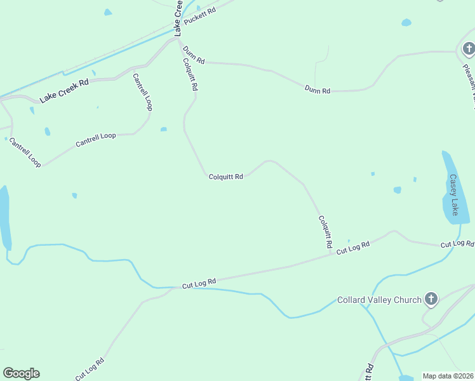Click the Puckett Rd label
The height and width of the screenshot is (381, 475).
pos(199,21)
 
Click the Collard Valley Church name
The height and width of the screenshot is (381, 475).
pos(379,300)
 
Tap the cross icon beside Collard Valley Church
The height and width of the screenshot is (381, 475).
pos(431,299)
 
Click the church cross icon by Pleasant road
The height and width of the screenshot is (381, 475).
pos(468,48)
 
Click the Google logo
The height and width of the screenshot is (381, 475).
pos(21,373)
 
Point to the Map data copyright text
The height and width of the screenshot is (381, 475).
pos(448,376)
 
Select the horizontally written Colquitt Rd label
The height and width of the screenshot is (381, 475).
pos(226,177)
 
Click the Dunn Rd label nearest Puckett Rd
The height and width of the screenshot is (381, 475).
pos(193,55)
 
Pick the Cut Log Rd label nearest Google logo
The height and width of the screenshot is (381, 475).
pos(90,370)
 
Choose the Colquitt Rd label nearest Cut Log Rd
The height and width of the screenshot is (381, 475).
pos(326,232)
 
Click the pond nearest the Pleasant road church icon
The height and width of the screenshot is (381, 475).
pos(406,23)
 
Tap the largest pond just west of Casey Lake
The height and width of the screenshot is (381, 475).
pos(398,190)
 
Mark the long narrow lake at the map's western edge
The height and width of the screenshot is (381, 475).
pos(5,218)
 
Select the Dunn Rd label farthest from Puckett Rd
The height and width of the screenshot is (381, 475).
pos(318,91)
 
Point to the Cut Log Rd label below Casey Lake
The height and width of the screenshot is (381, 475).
pos(457,244)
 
